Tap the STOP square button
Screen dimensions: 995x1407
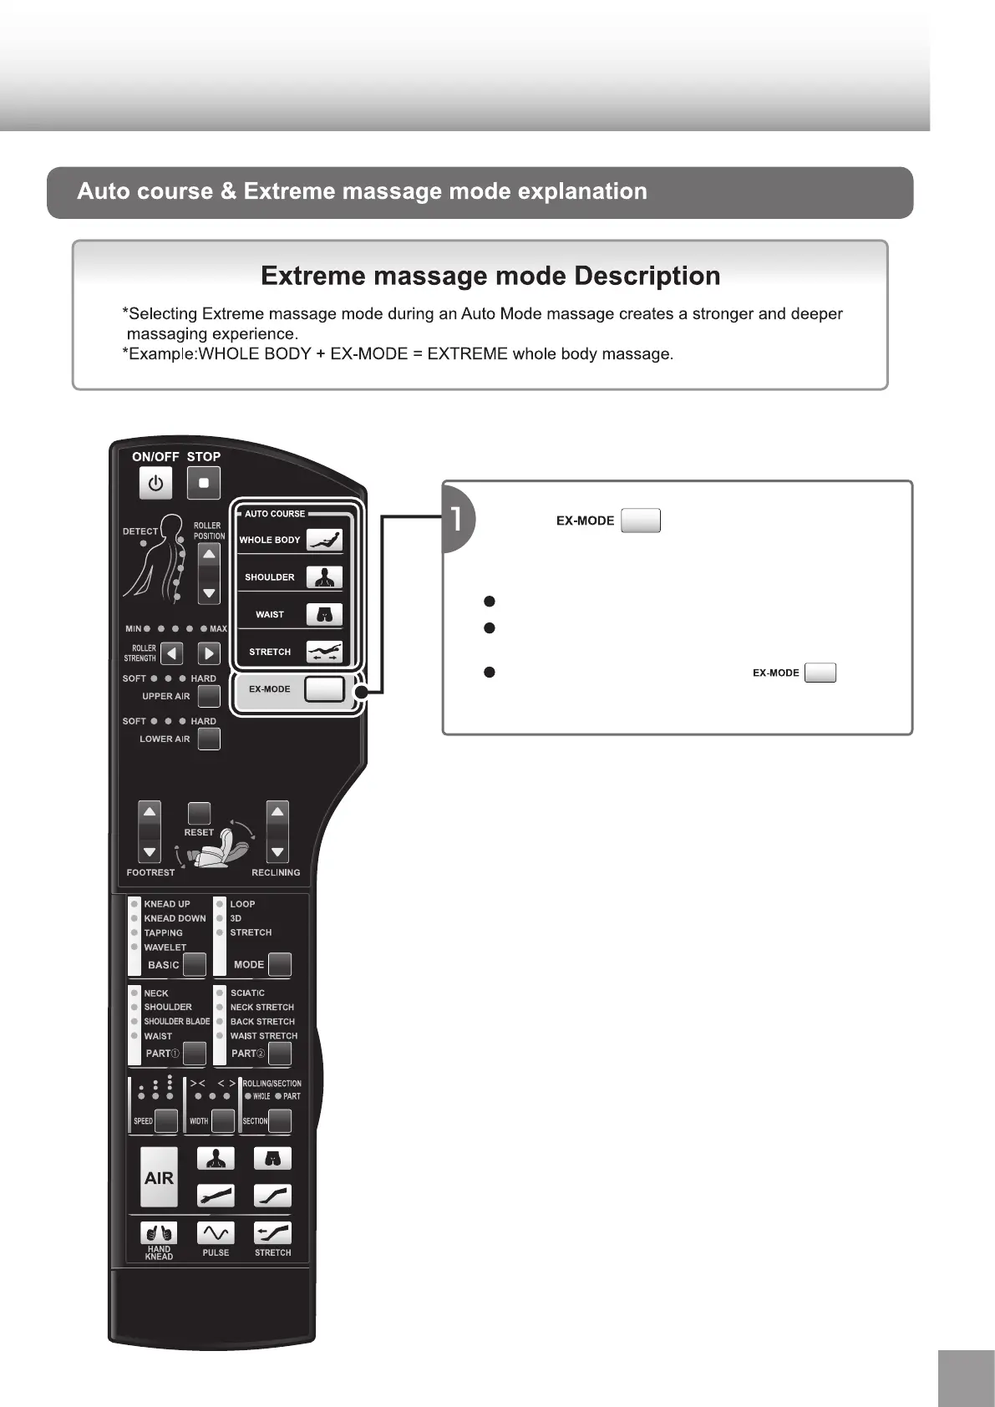[203, 483]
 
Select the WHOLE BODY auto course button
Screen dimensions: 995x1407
[324, 540]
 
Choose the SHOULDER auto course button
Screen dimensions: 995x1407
[324, 577]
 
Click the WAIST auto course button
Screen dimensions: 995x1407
[324, 615]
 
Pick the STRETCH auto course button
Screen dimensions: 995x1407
[324, 652]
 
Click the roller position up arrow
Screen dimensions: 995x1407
[209, 555]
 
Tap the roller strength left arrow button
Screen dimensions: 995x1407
[171, 653]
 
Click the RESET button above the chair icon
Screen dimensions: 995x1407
[199, 813]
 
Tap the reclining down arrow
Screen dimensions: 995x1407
[277, 852]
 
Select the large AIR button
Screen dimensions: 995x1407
[159, 1177]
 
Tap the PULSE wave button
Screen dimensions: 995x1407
[216, 1232]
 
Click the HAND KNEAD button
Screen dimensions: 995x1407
[159, 1232]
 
